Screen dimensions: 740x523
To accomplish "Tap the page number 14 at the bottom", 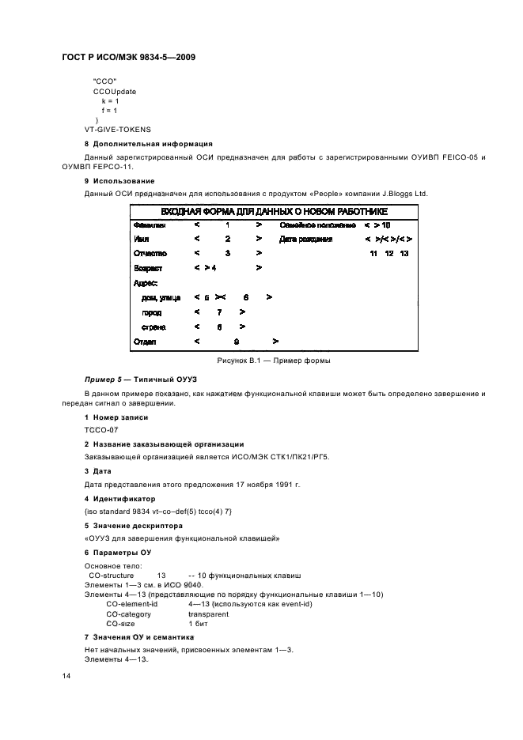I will [x=66, y=676].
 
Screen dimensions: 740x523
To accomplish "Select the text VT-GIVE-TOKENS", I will [x=118, y=129].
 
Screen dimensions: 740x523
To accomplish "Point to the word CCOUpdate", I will [x=115, y=91].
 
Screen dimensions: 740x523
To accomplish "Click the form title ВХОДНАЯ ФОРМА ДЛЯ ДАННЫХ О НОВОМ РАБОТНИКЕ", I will [x=275, y=211].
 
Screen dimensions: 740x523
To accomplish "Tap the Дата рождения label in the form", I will [x=305, y=239].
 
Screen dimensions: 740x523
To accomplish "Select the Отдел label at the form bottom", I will [x=145, y=342].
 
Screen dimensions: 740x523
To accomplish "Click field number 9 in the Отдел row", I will [x=236, y=342].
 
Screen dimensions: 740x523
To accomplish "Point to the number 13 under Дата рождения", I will [x=404, y=253].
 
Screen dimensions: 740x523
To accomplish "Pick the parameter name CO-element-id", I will [x=132, y=603].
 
